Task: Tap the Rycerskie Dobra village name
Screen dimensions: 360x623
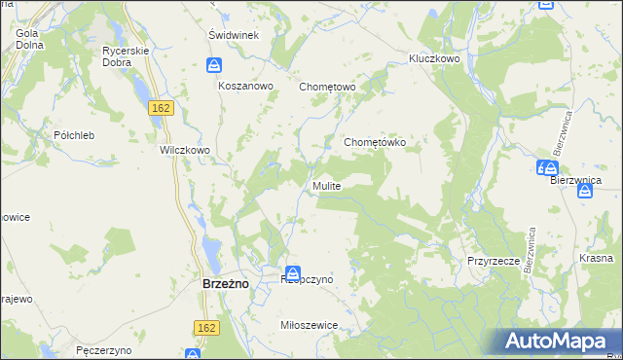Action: [124, 55]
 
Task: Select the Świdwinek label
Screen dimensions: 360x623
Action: [233, 35]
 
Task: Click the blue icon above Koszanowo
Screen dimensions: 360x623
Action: [214, 66]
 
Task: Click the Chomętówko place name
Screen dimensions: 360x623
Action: [382, 142]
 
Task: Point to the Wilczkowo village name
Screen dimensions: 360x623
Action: [185, 151]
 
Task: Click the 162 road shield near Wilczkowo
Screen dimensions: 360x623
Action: [162, 107]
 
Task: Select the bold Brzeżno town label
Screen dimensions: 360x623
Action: [227, 282]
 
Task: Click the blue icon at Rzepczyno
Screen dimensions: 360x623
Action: [293, 275]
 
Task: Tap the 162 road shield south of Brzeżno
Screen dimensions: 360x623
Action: [204, 329]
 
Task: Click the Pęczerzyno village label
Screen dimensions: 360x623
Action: [102, 348]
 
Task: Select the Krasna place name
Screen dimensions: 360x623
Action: [595, 258]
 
